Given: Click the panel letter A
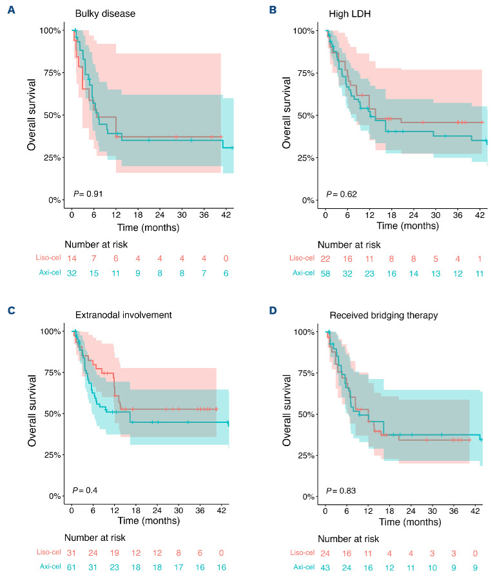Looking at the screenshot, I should [12, 11].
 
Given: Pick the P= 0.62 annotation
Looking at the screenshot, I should [341, 193].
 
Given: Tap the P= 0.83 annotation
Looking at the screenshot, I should [341, 491].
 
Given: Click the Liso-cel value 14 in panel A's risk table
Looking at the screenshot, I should [72, 258].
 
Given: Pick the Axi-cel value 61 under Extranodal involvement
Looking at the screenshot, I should [72, 570].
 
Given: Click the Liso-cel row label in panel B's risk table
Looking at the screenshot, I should [300, 258].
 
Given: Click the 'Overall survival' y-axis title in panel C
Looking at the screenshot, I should [32, 409].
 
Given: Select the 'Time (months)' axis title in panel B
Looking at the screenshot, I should [408, 226].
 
